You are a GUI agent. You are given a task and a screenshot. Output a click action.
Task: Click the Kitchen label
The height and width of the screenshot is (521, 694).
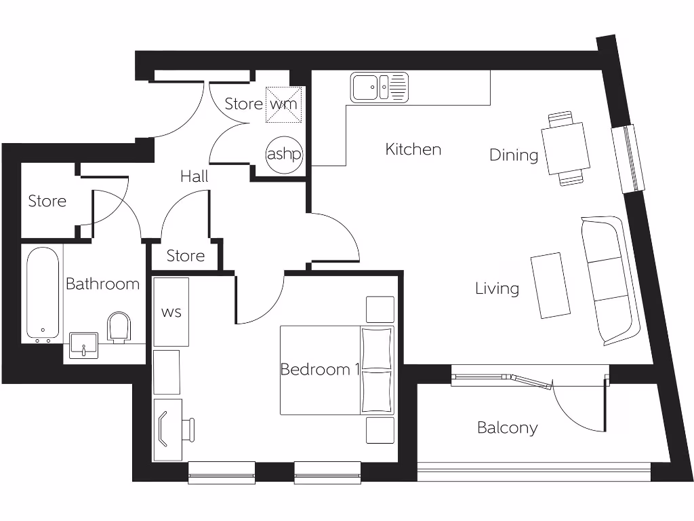(x=413, y=149)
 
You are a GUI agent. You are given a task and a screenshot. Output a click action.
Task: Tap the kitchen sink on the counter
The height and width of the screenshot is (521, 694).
(x=380, y=88)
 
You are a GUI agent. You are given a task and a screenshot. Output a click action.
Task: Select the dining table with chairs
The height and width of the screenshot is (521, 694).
(x=566, y=149)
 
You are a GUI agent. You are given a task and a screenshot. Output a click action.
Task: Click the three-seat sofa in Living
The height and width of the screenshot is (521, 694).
(x=609, y=280)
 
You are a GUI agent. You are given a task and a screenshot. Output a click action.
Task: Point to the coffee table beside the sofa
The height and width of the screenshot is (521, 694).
(x=550, y=286)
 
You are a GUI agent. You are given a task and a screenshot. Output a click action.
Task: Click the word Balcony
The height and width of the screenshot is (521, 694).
(x=507, y=428)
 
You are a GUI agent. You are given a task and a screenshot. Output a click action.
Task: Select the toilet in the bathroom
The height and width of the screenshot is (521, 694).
(x=119, y=327)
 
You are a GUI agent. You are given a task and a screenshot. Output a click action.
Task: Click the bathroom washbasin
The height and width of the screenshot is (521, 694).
(x=84, y=345)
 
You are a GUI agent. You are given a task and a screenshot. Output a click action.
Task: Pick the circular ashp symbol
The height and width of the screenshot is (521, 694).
(x=283, y=154)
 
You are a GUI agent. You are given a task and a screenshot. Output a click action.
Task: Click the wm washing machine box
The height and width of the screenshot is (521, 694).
(x=283, y=105)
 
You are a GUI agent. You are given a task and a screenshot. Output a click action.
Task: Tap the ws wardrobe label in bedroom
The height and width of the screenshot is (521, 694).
(x=171, y=313)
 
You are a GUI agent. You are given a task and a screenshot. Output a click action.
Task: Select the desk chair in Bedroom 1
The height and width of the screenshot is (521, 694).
(x=188, y=429)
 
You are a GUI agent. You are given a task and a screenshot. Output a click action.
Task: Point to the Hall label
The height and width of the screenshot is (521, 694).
(x=194, y=177)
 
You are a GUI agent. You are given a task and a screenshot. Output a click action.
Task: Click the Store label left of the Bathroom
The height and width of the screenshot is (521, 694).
(x=47, y=201)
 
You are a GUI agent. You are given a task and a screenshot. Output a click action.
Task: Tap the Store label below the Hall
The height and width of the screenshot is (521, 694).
(x=185, y=256)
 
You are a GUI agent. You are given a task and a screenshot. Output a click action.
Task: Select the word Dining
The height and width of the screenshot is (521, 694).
(x=514, y=155)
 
